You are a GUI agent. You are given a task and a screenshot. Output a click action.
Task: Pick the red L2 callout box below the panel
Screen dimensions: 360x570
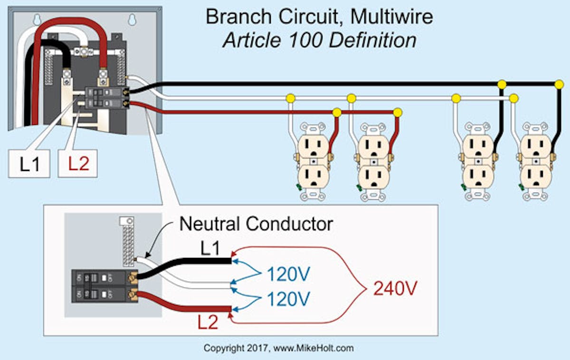78,163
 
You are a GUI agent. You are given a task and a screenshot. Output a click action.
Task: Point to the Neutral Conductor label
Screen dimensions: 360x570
256,224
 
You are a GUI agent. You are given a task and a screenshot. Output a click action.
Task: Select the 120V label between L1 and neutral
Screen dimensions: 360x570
288,274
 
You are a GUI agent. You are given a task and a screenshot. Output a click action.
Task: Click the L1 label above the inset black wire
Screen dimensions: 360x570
209,247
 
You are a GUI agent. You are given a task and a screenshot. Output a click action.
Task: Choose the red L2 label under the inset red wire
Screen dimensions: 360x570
208,322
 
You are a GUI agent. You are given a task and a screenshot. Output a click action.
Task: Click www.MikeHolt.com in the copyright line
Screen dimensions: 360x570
313,348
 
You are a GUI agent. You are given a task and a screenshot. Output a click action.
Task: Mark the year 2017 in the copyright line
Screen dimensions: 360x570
256,348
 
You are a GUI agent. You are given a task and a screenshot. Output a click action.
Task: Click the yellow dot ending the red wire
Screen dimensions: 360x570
398,113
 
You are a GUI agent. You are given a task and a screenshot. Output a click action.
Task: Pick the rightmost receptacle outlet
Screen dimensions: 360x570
536,161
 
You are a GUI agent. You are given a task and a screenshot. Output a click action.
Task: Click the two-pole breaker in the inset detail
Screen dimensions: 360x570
102,286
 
